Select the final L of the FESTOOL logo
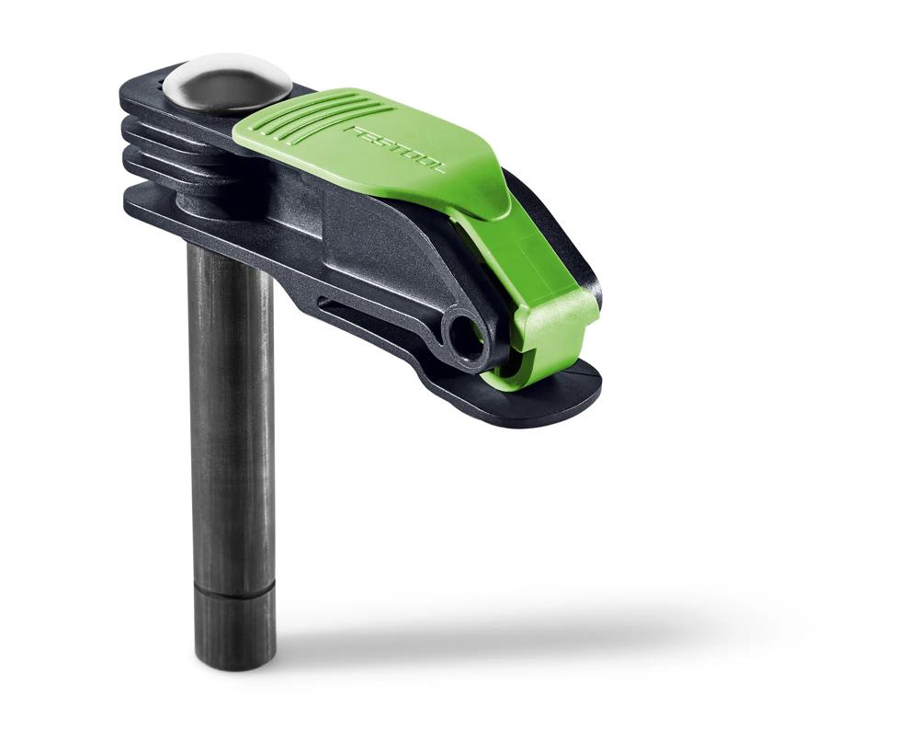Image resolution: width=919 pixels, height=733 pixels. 439,169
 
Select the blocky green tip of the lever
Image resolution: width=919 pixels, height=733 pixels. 556,317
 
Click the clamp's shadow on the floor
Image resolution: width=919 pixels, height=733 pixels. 515,635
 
